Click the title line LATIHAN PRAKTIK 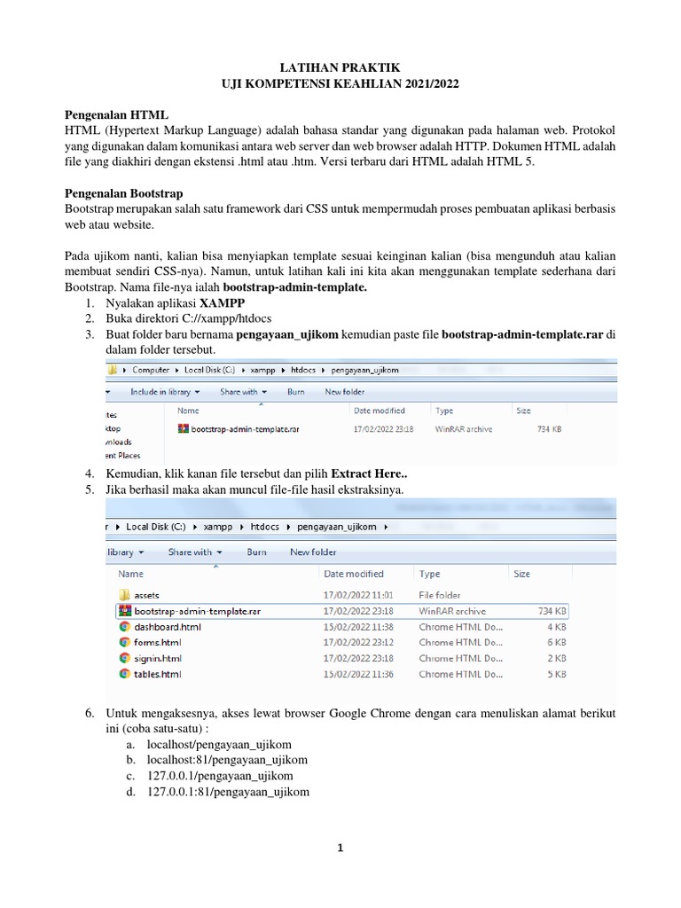tap(340, 67)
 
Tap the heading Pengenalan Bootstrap tap(129, 194)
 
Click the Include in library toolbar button tap(165, 391)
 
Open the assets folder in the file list tap(146, 595)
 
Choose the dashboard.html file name tap(168, 627)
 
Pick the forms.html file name tap(158, 642)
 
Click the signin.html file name tap(158, 658)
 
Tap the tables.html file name tap(158, 674)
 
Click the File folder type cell tap(440, 595)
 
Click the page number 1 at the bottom tap(340, 848)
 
